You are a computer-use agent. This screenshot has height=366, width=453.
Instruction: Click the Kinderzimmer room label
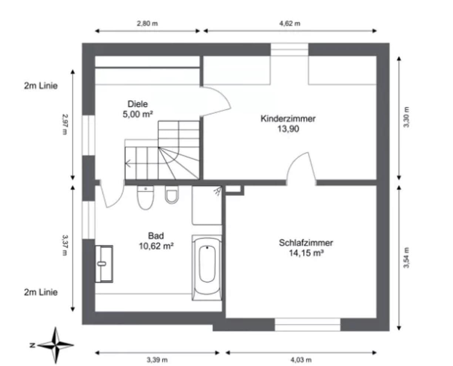[x=288, y=119]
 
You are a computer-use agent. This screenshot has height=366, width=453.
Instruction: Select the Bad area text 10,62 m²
[x=156, y=245]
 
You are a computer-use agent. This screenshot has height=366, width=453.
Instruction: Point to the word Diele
[x=138, y=104]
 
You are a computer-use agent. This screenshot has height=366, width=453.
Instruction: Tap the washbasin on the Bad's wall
[x=104, y=263]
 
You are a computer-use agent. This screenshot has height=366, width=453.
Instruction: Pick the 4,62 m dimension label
[x=290, y=23]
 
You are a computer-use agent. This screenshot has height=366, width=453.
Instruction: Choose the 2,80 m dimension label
[x=147, y=23]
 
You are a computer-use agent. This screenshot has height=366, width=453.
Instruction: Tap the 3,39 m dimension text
[x=157, y=359]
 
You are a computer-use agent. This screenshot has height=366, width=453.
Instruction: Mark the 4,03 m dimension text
[x=301, y=359]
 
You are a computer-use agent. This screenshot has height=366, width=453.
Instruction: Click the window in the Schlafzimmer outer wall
[x=307, y=325]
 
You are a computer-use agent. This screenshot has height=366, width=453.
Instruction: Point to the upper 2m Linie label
[x=41, y=86]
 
